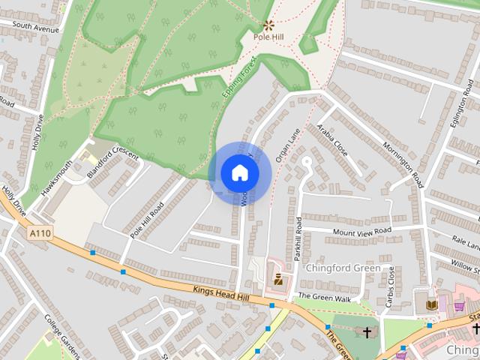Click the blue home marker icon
[x=240, y=173]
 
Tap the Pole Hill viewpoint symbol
[x=268, y=25]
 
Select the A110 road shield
[x=40, y=235]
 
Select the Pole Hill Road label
[x=146, y=220]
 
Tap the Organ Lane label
[x=287, y=144]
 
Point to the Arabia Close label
[x=332, y=139]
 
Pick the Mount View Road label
[x=362, y=231]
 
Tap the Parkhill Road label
[x=298, y=238]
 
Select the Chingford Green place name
[x=343, y=268]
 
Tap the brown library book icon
[x=431, y=304]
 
